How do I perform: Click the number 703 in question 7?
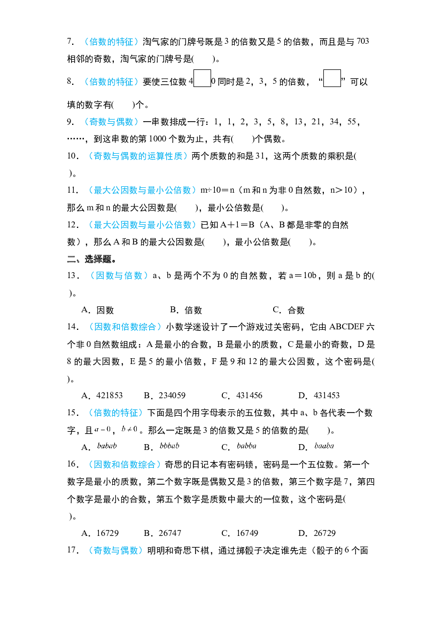pos(363,41)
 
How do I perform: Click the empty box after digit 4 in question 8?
pos(202,78)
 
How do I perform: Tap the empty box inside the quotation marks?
pos(332,78)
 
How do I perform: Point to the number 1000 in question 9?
pos(158,138)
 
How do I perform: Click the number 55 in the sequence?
pos(352,121)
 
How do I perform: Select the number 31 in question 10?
pos(260,156)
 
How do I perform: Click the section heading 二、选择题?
pos(92,259)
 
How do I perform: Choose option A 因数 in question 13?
pos(98,310)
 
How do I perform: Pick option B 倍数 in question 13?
pos(186,310)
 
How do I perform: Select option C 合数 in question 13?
pos(289,310)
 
